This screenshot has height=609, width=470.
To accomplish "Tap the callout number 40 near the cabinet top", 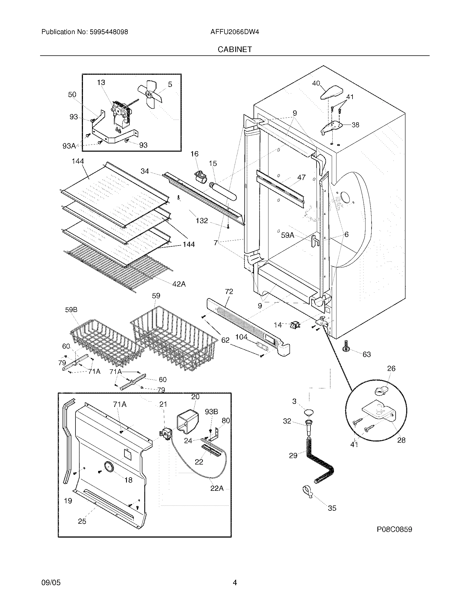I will [x=316, y=83].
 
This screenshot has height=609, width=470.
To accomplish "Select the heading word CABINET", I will [x=235, y=49].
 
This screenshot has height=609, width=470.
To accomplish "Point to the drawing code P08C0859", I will [x=394, y=529].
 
